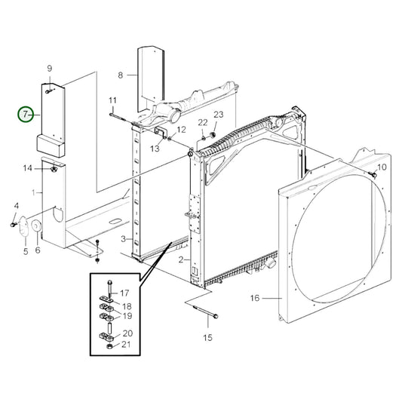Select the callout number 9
click(x=50, y=69)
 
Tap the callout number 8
click(x=120, y=75)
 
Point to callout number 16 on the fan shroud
click(x=254, y=299)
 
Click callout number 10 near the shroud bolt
click(x=382, y=167)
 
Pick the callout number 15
click(x=207, y=336)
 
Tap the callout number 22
click(x=202, y=122)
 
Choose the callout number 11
click(x=112, y=101)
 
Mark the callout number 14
click(x=27, y=167)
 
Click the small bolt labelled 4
click(x=14, y=224)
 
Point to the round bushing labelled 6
click(x=35, y=227)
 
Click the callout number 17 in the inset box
click(x=124, y=293)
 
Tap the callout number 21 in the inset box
click(x=127, y=345)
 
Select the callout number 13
click(x=155, y=149)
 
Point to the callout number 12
click(x=181, y=130)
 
